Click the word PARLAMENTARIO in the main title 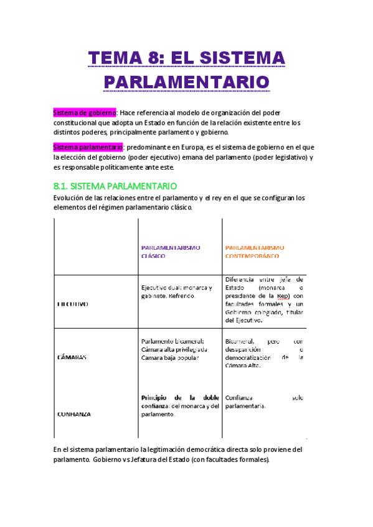coord(186,81)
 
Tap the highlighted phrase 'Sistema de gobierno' coord(85,112)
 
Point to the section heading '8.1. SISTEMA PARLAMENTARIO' coord(115,186)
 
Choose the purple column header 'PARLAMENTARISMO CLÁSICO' coord(171,251)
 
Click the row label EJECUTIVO coord(73,304)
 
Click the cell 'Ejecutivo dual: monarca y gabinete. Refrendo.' coord(177,292)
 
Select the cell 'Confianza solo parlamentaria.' coord(264,401)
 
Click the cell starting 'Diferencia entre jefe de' coord(264,300)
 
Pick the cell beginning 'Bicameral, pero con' coord(264,353)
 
